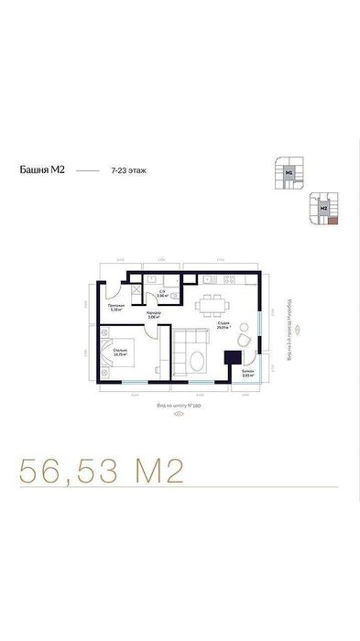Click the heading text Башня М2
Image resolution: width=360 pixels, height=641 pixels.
[x=40, y=170]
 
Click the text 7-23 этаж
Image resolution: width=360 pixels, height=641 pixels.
[x=127, y=170]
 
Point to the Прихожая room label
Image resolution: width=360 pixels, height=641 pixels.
[x=115, y=306]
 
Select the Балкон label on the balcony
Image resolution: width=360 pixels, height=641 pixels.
[x=247, y=373]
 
